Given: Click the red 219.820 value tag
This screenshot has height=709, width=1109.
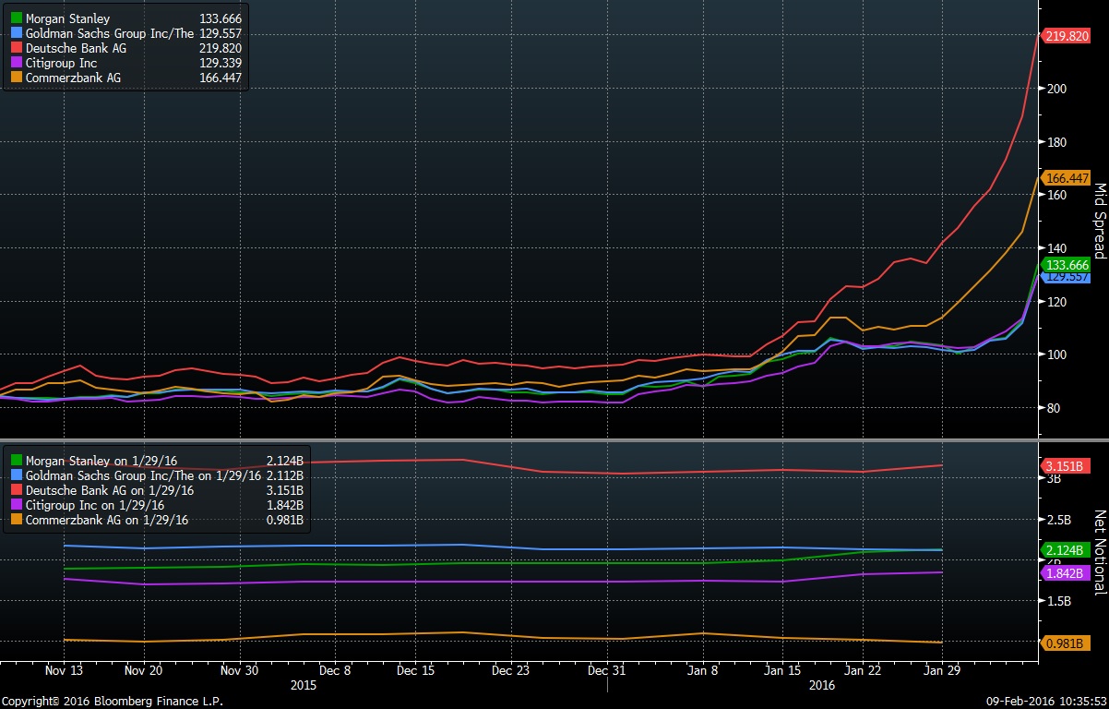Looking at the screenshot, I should [x=1067, y=36].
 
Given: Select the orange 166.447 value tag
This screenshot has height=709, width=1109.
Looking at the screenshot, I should [x=1067, y=178].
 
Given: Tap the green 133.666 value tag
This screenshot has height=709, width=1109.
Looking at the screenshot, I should [x=1067, y=264].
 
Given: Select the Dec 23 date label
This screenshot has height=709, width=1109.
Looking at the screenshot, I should [x=510, y=670].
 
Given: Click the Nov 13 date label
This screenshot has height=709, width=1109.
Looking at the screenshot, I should [x=65, y=670].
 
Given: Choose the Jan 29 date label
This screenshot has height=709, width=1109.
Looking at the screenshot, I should [x=941, y=670].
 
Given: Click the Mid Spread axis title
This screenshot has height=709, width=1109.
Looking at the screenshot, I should [x=1099, y=221].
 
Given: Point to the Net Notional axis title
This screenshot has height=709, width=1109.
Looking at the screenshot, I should [x=1099, y=552].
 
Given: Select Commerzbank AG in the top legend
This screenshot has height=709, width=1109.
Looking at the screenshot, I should [x=73, y=78].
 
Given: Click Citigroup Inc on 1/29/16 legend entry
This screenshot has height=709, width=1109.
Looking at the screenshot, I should [x=95, y=505].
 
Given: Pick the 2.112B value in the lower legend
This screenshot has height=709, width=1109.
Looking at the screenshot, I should [x=284, y=475].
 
